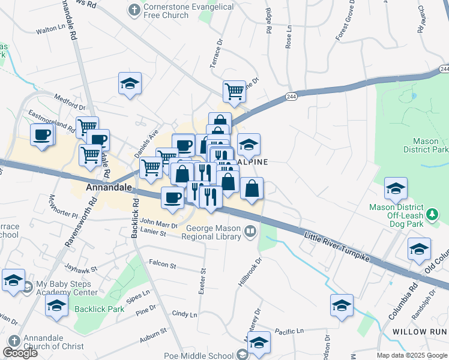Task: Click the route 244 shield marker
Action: click(x=291, y=96)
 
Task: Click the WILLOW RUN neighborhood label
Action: click(x=420, y=332)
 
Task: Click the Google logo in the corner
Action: click(x=20, y=353)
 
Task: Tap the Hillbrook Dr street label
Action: click(x=250, y=272)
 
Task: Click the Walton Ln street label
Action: click(x=50, y=28)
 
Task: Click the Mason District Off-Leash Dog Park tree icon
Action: click(x=432, y=214)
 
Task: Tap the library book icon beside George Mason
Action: click(x=250, y=230)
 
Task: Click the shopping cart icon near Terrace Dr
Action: click(x=234, y=92)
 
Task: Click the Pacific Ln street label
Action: click(x=289, y=331)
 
